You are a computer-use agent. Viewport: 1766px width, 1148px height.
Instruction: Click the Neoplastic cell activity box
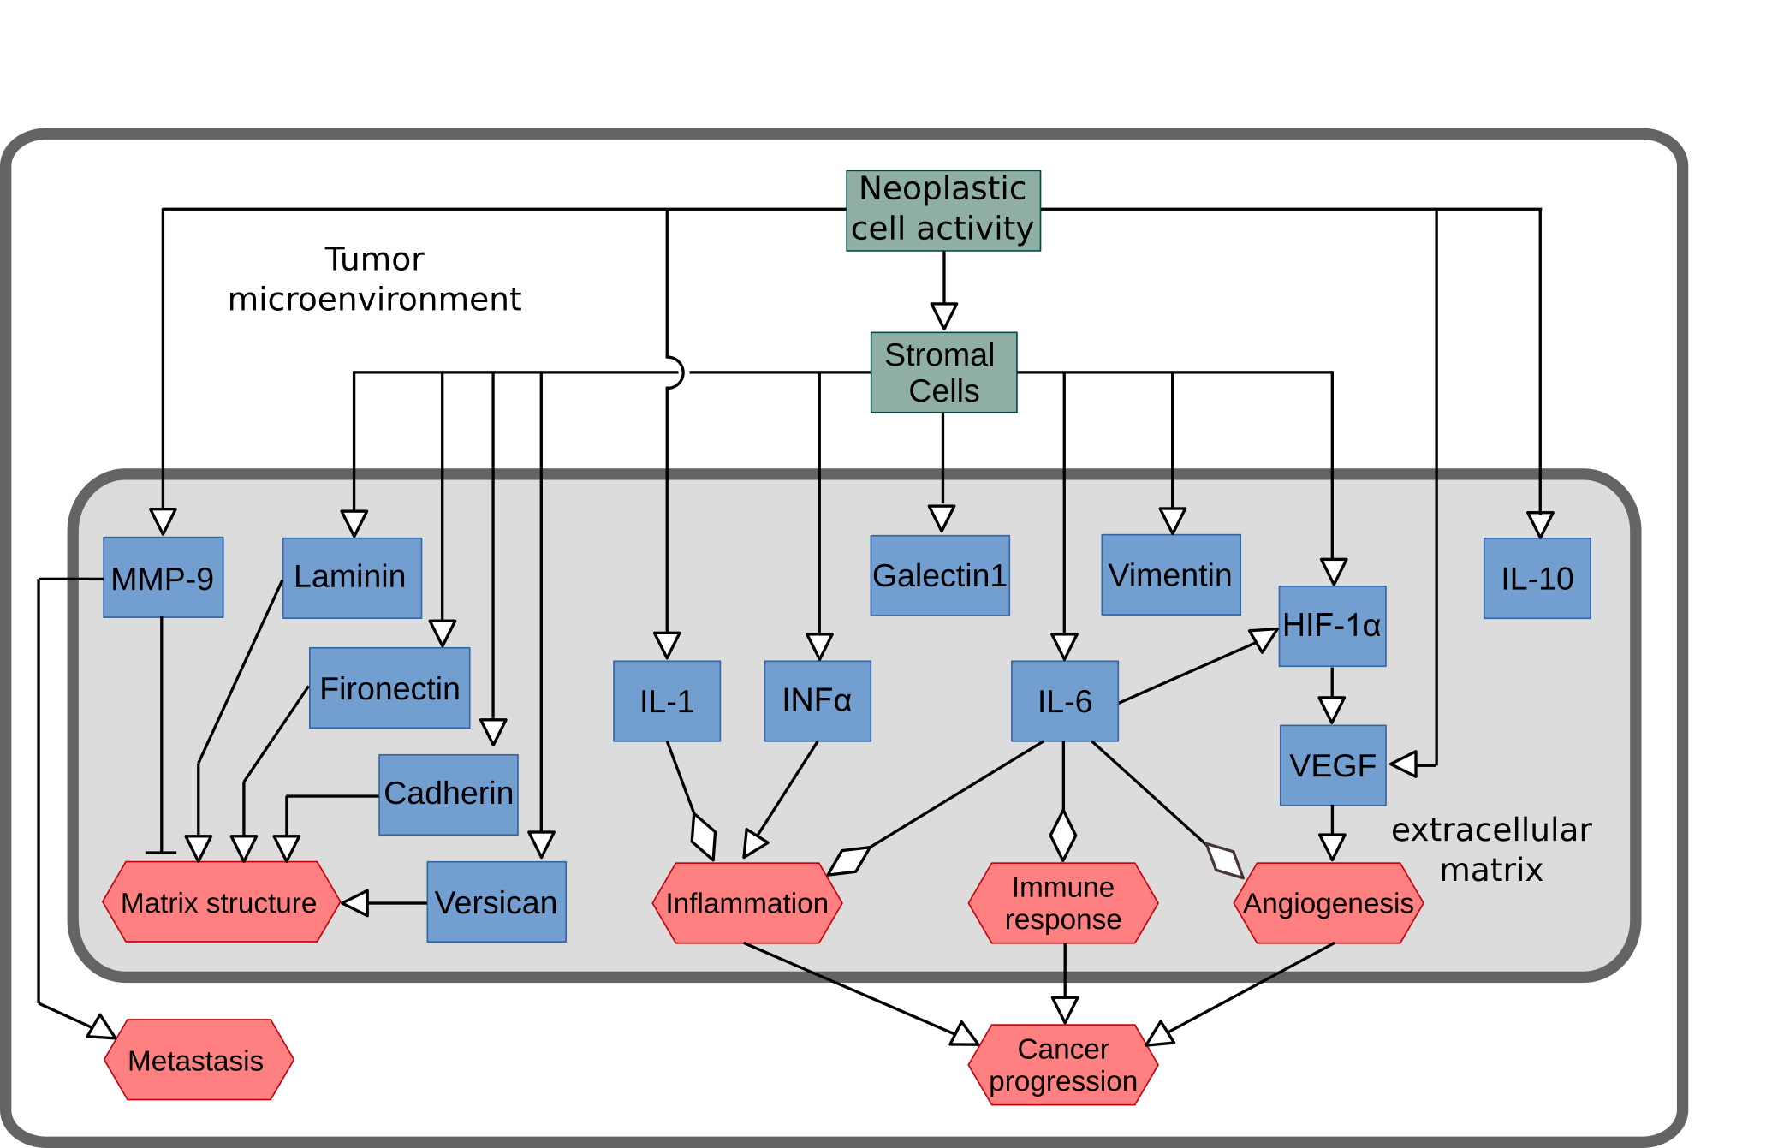[942, 210]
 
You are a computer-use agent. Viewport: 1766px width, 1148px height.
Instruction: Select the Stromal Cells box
[943, 372]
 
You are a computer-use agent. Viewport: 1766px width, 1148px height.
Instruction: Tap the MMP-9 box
[163, 578]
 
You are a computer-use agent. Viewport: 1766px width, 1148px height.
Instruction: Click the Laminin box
[352, 578]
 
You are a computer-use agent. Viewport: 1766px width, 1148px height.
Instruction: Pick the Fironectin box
[389, 687]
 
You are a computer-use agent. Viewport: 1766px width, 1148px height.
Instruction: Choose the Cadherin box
[449, 794]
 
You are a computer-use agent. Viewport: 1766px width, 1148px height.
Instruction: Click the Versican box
[497, 902]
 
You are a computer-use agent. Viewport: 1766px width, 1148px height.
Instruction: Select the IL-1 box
[667, 701]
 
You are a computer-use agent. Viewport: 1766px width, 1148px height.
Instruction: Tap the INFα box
[818, 701]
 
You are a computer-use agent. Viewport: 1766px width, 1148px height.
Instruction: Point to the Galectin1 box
[940, 575]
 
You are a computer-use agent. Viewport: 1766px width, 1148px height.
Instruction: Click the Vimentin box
[1170, 574]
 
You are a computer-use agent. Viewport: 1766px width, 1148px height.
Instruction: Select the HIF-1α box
[1332, 626]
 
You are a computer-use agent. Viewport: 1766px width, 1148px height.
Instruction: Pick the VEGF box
[1333, 765]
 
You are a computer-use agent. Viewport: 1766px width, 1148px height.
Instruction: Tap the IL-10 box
[1537, 579]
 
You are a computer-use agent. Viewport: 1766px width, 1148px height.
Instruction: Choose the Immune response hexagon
[1063, 903]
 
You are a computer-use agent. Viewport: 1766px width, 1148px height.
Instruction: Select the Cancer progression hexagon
[1063, 1065]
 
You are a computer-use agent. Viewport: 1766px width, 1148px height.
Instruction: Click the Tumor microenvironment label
[374, 279]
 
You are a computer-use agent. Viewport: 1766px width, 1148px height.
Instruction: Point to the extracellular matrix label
[1490, 849]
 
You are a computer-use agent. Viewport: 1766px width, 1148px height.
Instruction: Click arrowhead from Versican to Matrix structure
[354, 903]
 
